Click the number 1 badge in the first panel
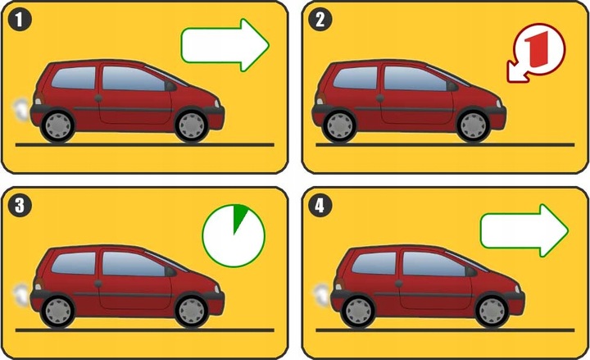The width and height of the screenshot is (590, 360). tap(20, 19)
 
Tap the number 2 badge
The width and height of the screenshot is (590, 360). tap(320, 19)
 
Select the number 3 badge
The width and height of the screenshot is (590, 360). tap(20, 205)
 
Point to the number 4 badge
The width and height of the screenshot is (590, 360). tap(320, 205)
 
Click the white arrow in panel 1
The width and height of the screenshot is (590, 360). tap(225, 45)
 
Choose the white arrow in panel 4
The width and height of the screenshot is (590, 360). tap(524, 230)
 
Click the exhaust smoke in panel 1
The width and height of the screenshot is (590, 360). tap(21, 109)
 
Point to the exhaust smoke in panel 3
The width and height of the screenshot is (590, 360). tap(21, 295)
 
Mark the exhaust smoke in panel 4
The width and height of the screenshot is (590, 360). tap(322, 295)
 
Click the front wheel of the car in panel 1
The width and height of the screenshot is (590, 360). tap(192, 125)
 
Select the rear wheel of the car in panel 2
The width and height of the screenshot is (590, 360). tap(339, 125)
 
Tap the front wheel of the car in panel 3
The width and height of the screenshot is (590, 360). tap(192, 312)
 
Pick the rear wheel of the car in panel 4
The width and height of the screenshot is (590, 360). tap(358, 312)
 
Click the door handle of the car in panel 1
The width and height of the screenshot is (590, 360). tap(98, 98)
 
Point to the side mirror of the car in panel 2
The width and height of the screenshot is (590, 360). tap(452, 87)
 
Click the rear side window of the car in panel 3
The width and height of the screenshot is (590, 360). tap(74, 263)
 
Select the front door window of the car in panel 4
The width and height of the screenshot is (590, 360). tap(434, 263)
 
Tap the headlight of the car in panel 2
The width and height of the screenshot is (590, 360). tap(498, 103)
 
